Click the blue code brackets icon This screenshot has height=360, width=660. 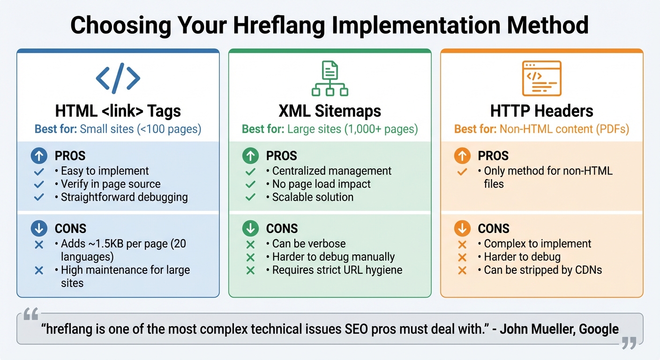point(118,78)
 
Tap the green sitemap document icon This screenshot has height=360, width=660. point(330,78)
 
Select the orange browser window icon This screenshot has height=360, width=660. point(541,78)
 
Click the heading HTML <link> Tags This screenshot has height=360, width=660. point(118,111)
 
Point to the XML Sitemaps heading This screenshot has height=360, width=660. point(330,111)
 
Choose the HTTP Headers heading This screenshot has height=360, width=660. point(541,111)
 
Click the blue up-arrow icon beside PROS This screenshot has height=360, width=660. point(39,156)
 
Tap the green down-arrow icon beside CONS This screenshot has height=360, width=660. point(250,228)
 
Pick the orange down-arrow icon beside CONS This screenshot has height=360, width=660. point(462,228)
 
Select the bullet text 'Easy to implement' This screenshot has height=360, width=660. point(105,171)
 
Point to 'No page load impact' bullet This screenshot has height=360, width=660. point(321,184)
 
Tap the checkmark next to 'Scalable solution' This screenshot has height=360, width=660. point(250,197)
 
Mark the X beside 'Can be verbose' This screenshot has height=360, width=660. point(250,244)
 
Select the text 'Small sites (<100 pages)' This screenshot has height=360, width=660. point(141,129)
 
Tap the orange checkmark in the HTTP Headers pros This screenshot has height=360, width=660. point(462,172)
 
